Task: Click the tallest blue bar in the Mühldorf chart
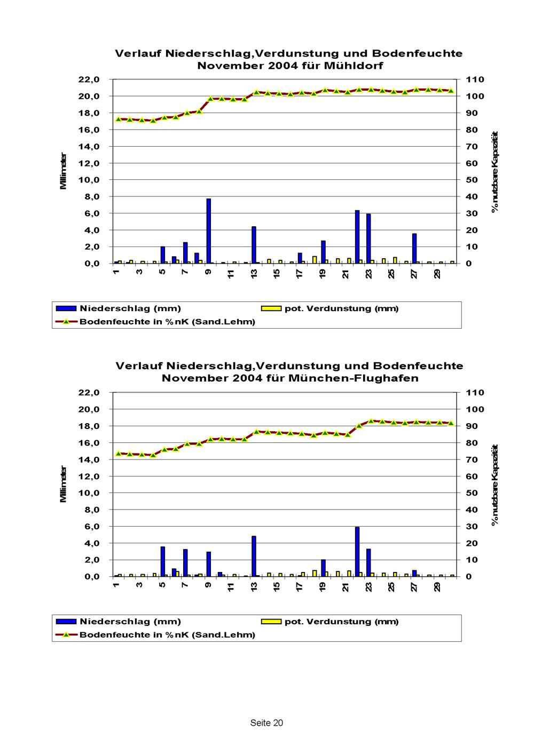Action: pyautogui.click(x=209, y=231)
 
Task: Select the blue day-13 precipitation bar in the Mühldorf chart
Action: pyautogui.click(x=254, y=245)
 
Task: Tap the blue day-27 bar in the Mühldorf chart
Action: pyautogui.click(x=414, y=249)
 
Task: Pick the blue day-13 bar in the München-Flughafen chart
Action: pyautogui.click(x=254, y=556)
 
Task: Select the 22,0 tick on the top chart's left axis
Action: pyautogui.click(x=89, y=80)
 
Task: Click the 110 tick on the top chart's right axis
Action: pyautogui.click(x=475, y=80)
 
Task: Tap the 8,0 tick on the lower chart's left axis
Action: pyautogui.click(x=91, y=510)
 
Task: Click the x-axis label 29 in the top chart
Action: pyautogui.click(x=437, y=274)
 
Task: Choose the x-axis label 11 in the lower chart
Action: pyautogui.click(x=231, y=587)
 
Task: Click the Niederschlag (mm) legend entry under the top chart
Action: pyautogui.click(x=130, y=308)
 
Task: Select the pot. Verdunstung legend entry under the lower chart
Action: pyautogui.click(x=341, y=622)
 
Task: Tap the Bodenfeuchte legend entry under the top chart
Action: pyautogui.click(x=167, y=322)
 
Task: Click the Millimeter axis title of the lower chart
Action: pyautogui.click(x=64, y=484)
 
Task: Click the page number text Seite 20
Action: pyautogui.click(x=266, y=723)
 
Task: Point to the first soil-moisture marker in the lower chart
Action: pyautogui.click(x=119, y=454)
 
